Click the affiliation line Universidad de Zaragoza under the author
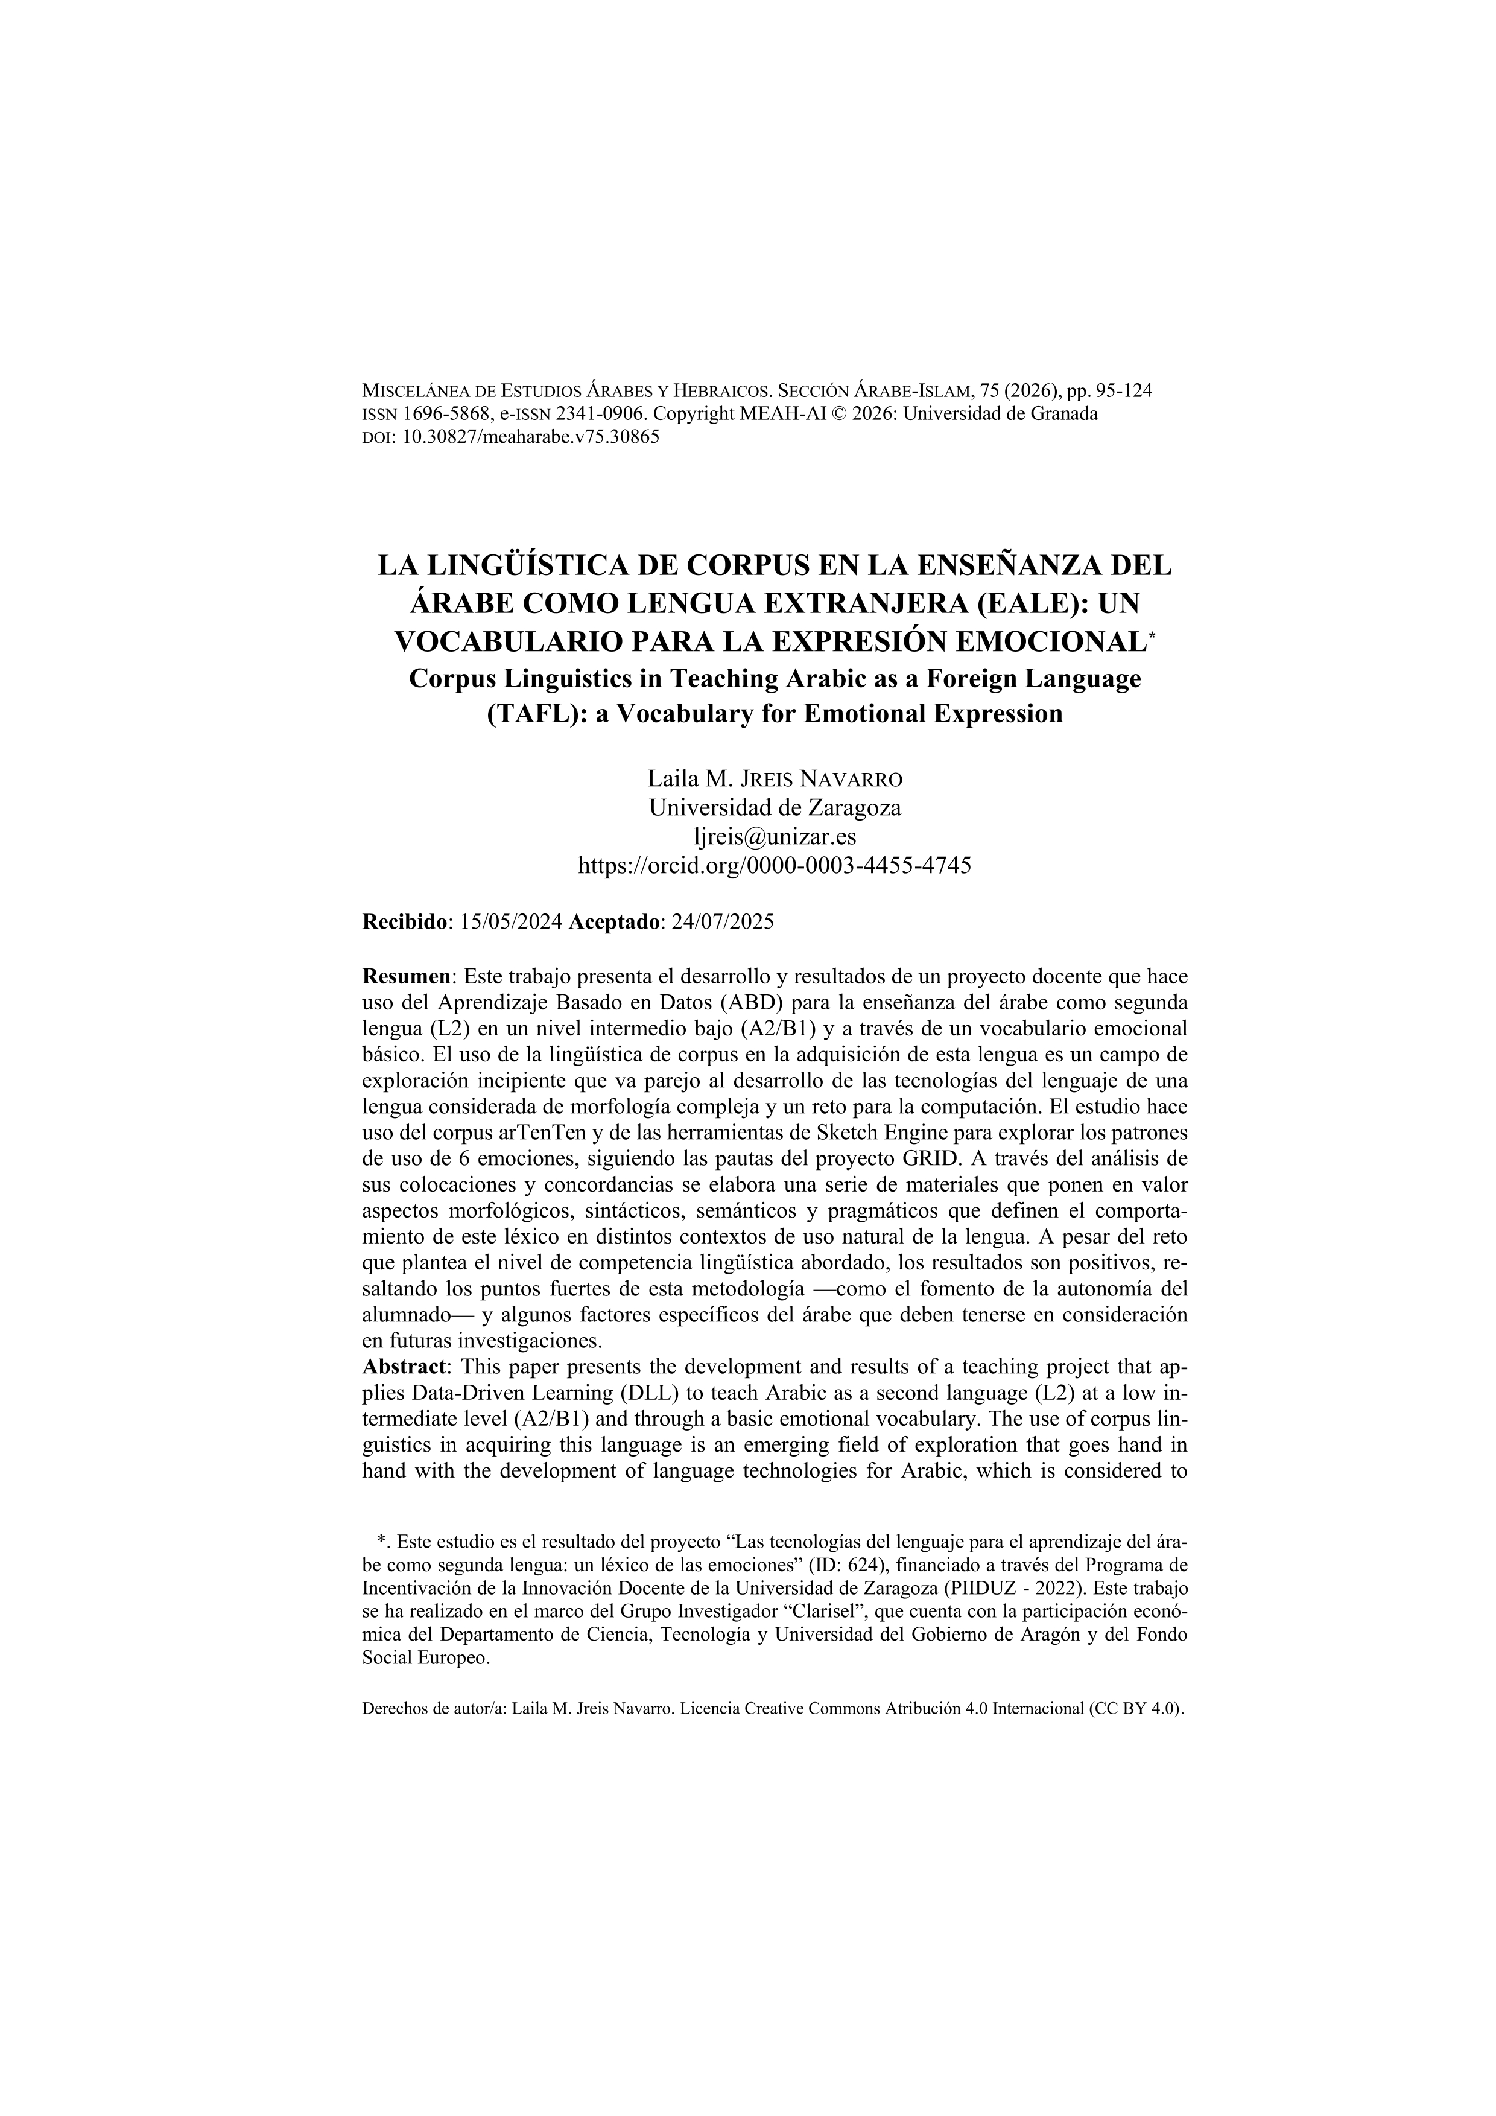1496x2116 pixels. (x=774, y=809)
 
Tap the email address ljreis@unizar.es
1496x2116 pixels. (x=774, y=837)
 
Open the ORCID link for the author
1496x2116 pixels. (x=774, y=865)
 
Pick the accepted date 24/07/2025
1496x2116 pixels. (x=722, y=921)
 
